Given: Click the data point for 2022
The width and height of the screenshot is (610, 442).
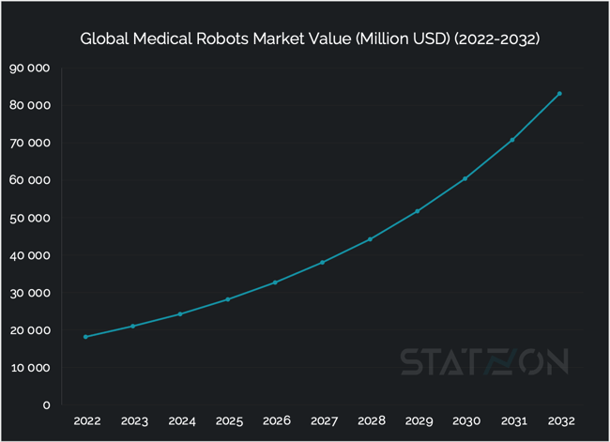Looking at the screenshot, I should click(85, 337).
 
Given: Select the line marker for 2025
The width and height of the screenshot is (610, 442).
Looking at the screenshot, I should click(227, 299).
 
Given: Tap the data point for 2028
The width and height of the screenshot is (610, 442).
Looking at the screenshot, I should click(370, 239).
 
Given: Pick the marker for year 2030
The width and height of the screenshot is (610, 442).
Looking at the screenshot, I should click(465, 178).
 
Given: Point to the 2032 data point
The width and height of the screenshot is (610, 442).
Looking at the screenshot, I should click(559, 94).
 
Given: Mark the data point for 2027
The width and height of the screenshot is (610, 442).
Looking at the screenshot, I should click(322, 262).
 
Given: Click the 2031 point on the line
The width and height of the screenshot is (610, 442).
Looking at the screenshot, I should click(511, 140).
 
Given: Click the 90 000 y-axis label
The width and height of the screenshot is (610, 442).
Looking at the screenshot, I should click(31, 69).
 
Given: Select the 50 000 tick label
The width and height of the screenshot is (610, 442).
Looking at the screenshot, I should click(31, 218).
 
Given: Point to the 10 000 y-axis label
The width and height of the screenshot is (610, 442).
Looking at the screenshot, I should click(31, 368).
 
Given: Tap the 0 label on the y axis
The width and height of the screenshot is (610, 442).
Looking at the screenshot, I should click(46, 405).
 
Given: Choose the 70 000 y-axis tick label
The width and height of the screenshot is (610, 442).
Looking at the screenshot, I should click(31, 144).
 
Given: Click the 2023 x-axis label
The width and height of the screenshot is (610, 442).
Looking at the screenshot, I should click(133, 421).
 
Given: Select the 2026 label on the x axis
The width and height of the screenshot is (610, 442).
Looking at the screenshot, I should click(275, 421).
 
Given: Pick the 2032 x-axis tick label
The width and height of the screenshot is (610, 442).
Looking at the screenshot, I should click(559, 421).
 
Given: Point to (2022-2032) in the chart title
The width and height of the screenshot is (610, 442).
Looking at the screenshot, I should click(496, 39).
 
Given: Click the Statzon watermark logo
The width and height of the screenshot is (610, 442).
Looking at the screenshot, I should click(484, 361).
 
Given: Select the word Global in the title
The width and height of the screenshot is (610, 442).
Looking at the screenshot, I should click(104, 39).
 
